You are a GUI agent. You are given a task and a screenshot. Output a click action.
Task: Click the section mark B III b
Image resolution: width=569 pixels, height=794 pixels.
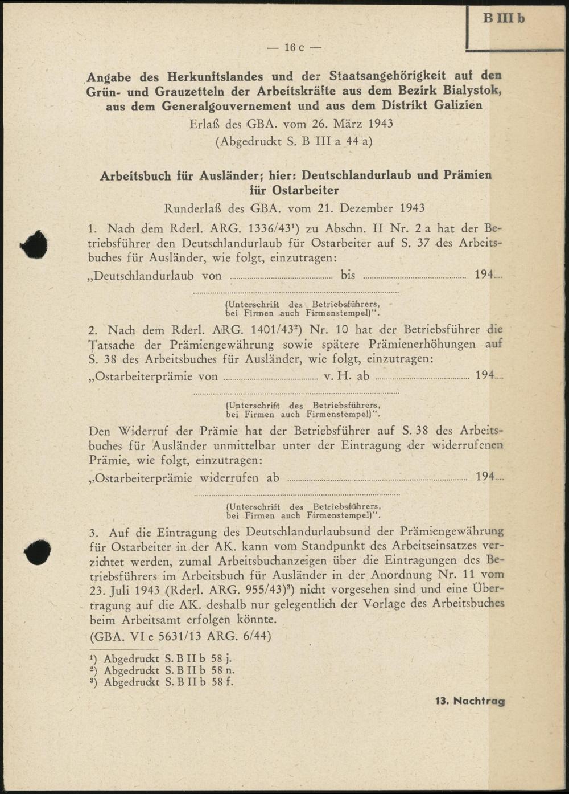pos(504,18)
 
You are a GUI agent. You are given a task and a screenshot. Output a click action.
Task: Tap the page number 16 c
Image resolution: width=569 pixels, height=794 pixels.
pos(294,47)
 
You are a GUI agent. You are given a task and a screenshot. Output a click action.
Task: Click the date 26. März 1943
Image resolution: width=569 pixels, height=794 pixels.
pos(340,124)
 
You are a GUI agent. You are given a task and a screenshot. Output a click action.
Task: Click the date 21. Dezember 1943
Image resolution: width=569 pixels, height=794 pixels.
pos(367,208)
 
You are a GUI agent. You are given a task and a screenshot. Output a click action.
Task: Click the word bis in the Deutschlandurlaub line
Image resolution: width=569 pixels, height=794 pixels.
pos(348,275)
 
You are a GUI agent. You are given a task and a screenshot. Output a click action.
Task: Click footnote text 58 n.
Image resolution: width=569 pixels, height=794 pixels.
pos(222,670)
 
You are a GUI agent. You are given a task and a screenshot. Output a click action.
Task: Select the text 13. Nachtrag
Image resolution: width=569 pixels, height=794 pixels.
pos(470,701)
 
